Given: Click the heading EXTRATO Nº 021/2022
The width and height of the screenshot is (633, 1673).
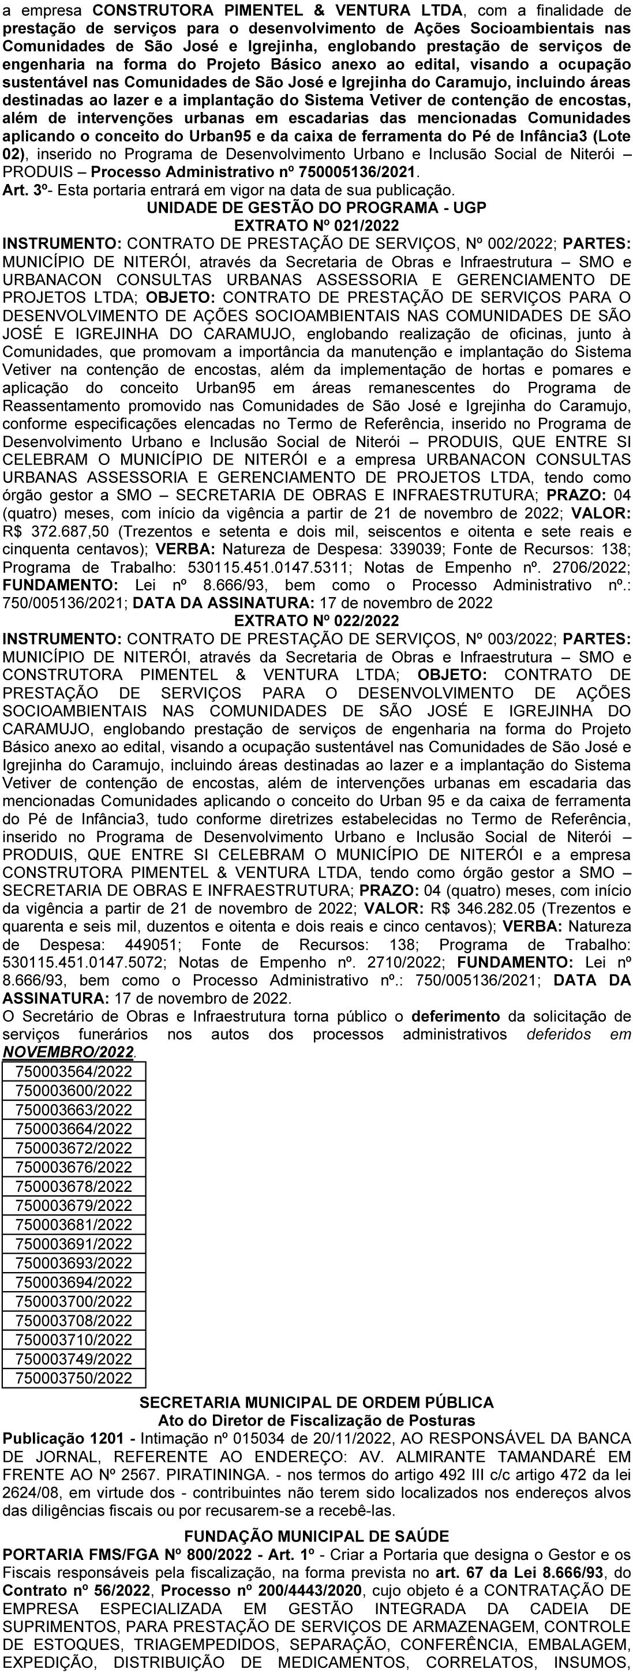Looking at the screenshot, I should coord(316,226).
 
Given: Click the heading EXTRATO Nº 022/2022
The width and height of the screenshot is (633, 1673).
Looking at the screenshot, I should coord(316,620).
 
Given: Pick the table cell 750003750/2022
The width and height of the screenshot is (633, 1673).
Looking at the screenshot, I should coord(73,1378).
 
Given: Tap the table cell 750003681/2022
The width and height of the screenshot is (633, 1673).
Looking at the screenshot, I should coord(73,1225).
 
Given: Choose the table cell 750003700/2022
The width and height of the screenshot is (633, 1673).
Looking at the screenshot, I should coord(73,1301).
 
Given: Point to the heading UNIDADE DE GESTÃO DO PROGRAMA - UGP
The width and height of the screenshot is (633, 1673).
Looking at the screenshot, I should coord(316,208).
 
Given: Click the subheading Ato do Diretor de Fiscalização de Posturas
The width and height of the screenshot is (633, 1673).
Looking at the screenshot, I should coord(316,1420).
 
